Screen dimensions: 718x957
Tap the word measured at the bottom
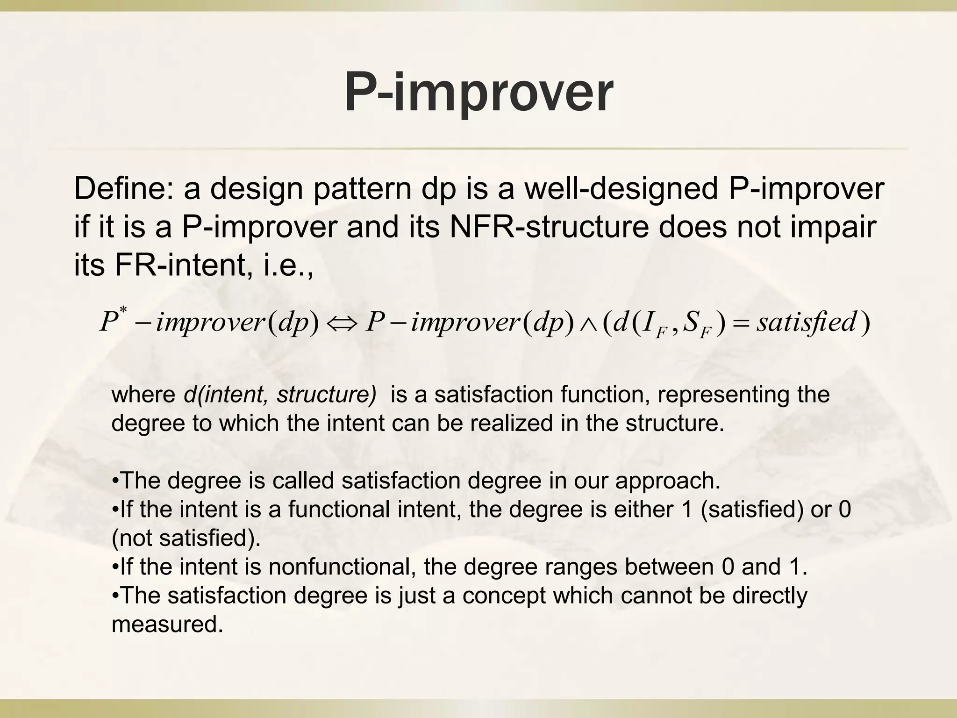(167, 625)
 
